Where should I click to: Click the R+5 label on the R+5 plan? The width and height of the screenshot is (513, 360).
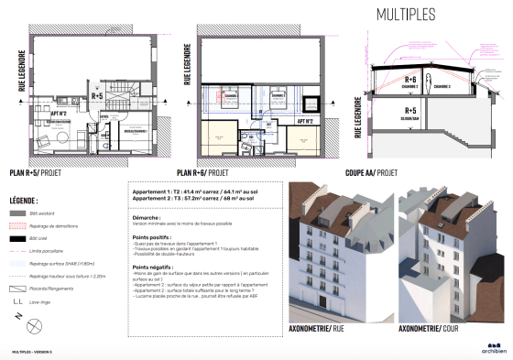97,94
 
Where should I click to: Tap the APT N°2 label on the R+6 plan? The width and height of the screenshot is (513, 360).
306,121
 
